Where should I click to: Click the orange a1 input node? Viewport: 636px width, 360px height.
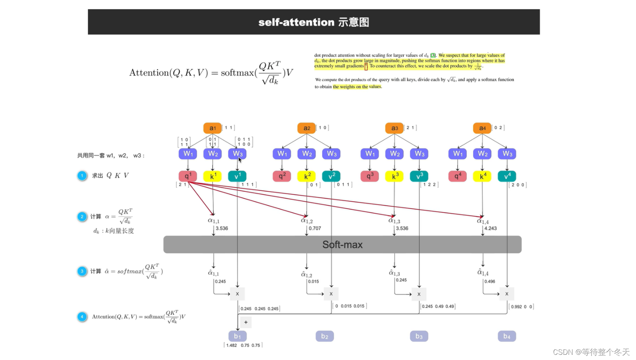[213, 128]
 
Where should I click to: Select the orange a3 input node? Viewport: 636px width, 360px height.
[395, 128]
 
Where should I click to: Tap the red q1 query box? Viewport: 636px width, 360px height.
[188, 176]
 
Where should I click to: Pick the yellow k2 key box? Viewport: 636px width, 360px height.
[307, 176]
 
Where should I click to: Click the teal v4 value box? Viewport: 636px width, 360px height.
[507, 176]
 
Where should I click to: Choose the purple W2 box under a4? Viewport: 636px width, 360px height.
[482, 154]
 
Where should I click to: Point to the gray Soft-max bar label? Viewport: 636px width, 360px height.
[342, 245]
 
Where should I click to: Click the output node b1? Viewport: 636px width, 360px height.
[237, 336]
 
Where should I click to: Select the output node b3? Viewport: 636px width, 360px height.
[419, 336]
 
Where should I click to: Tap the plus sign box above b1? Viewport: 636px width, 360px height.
[246, 322]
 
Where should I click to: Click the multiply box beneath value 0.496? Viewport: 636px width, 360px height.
[507, 294]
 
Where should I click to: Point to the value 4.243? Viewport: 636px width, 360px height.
[490, 229]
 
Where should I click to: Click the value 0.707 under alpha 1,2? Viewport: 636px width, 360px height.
[315, 229]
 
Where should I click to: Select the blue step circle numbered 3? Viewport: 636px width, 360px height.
[82, 271]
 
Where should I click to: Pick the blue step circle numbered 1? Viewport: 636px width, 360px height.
[82, 176]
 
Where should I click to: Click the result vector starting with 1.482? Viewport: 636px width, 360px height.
[243, 345]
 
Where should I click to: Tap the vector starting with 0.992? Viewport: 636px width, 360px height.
[521, 307]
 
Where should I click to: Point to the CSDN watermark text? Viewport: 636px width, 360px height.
[591, 352]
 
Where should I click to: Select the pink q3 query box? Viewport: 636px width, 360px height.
[370, 176]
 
